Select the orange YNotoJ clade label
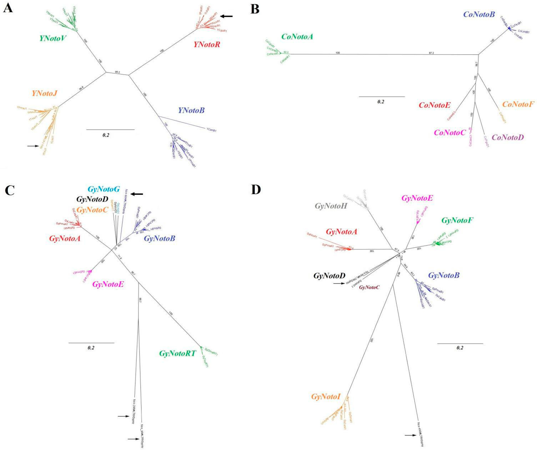pyautogui.click(x=44, y=93)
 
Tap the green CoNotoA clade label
pyautogui.click(x=297, y=37)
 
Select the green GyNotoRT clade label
pyautogui.click(x=177, y=353)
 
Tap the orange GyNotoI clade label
pyautogui.click(x=326, y=397)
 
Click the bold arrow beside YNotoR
pyautogui.click(x=227, y=16)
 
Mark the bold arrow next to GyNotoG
pyautogui.click(x=137, y=194)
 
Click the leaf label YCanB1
pyautogui.click(x=211, y=130)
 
